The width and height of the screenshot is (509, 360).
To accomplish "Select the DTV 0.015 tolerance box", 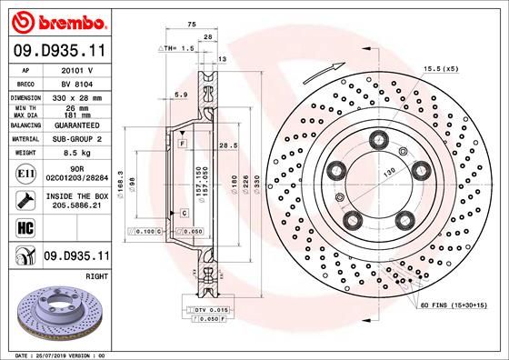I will (210, 312).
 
